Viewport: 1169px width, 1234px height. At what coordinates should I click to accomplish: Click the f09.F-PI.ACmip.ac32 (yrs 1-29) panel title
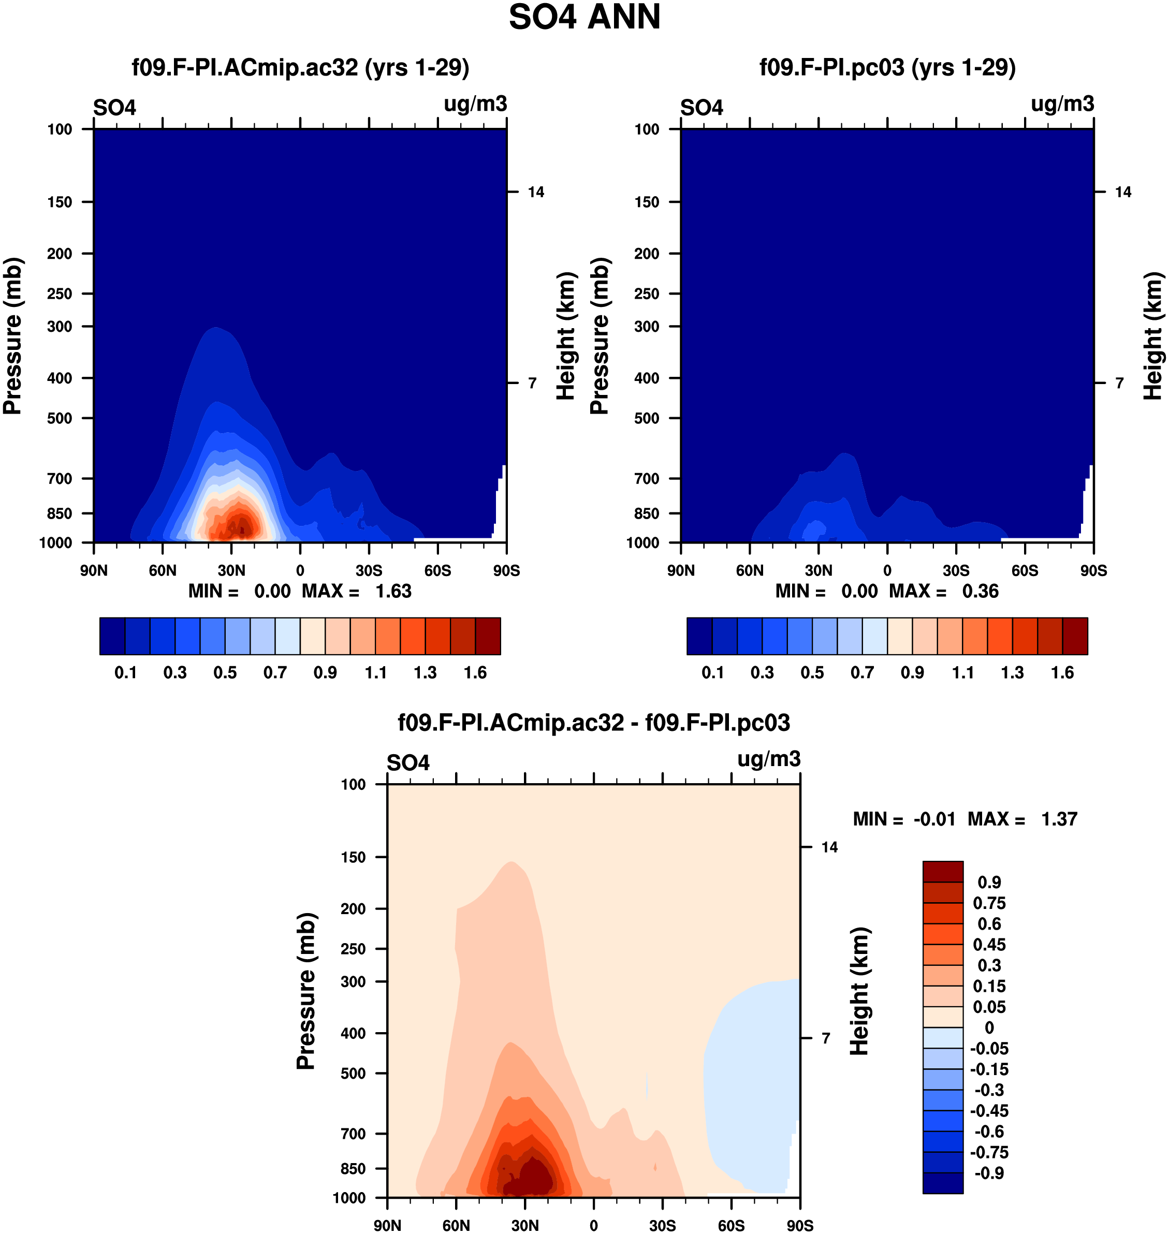pyautogui.click(x=300, y=67)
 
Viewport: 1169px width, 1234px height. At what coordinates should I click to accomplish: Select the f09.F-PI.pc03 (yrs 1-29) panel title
pyautogui.click(x=887, y=67)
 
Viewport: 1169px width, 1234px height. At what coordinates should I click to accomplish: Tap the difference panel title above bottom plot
pyautogui.click(x=594, y=723)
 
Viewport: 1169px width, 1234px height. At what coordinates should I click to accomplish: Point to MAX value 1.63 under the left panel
pyautogui.click(x=393, y=591)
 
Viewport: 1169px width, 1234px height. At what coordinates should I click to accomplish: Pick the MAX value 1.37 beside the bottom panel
pyautogui.click(x=1059, y=819)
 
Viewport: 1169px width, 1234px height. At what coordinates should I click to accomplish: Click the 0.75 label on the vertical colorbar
pyautogui.click(x=989, y=903)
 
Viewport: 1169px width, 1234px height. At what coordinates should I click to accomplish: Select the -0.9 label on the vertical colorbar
pyautogui.click(x=989, y=1173)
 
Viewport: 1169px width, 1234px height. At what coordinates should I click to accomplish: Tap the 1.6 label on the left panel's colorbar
pyautogui.click(x=475, y=673)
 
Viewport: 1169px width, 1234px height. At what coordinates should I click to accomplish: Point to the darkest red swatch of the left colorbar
pyautogui.click(x=488, y=636)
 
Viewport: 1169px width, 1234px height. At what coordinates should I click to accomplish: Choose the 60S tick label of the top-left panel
pyautogui.click(x=437, y=570)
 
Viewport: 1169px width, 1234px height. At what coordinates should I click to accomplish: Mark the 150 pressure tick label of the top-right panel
pyautogui.click(x=647, y=202)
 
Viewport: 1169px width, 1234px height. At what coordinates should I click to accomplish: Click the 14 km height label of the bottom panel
pyautogui.click(x=829, y=847)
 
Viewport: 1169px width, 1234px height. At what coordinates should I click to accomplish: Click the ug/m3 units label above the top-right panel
pyautogui.click(x=1062, y=104)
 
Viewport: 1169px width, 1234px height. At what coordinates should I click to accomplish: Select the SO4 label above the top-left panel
pyautogui.click(x=114, y=108)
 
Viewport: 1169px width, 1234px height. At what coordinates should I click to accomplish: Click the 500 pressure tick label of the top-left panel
pyautogui.click(x=60, y=418)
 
